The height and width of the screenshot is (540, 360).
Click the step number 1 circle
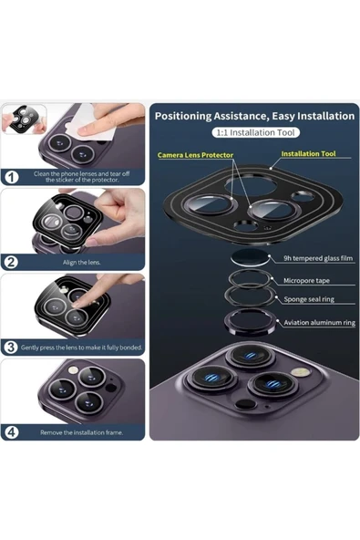(x=12, y=177)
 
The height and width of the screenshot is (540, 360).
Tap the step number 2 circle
(x=11, y=262)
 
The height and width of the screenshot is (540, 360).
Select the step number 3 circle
(x=11, y=348)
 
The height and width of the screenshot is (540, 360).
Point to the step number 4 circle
(x=11, y=431)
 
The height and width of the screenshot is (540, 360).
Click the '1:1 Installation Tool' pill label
(x=255, y=132)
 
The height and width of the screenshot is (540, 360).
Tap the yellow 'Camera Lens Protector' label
(x=195, y=155)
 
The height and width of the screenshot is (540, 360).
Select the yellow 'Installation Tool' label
(x=308, y=153)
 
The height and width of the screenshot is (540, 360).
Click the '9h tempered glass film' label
(x=318, y=258)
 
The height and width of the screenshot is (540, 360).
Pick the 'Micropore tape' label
(x=306, y=281)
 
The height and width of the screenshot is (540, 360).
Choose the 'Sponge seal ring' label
(x=309, y=299)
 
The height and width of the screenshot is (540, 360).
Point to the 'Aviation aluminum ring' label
(x=319, y=323)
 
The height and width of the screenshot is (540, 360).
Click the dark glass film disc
(x=251, y=257)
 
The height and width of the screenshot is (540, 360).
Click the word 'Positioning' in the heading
(x=183, y=116)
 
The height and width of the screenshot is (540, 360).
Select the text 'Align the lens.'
(x=81, y=263)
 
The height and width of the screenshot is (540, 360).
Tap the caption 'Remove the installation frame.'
(x=81, y=432)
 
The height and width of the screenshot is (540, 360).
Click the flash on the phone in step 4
(x=73, y=370)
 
